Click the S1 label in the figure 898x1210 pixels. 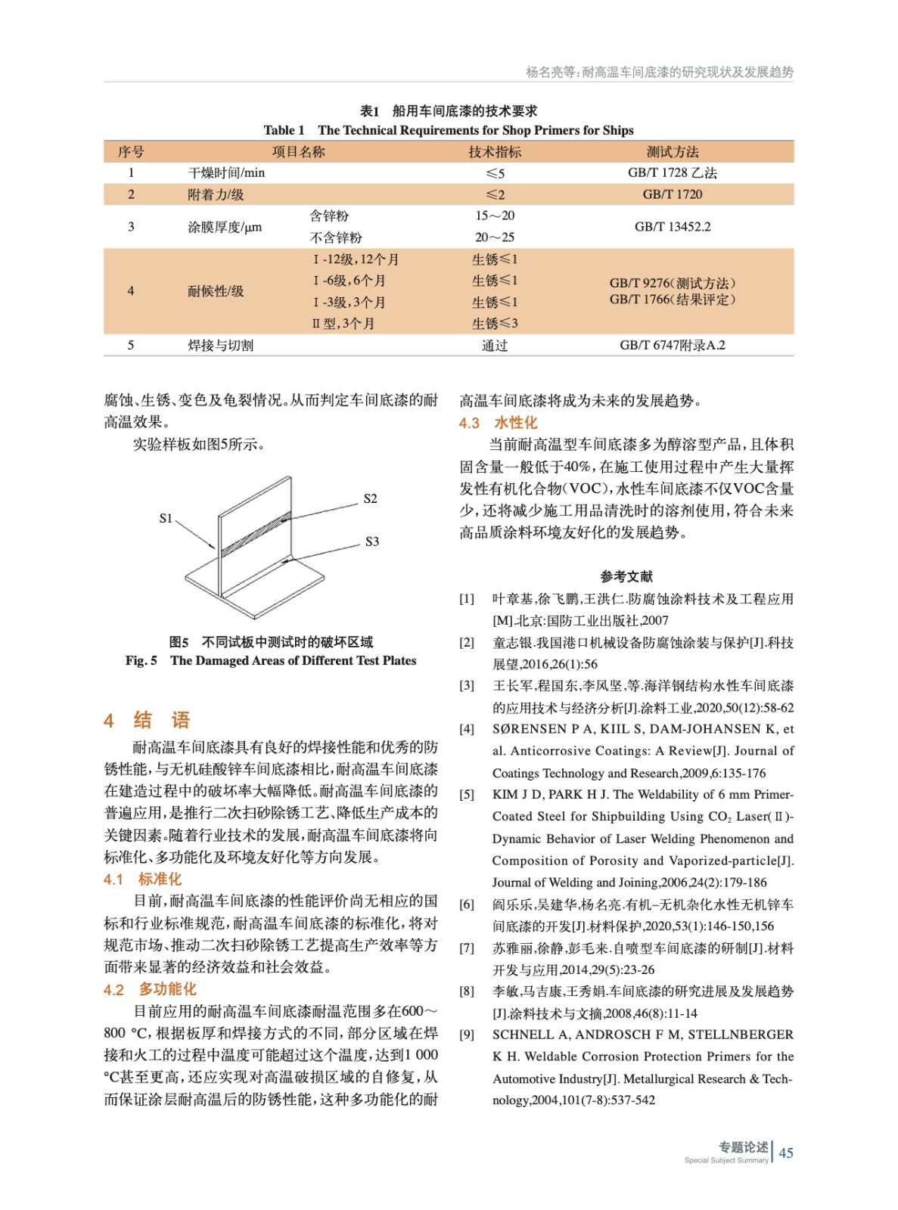pyautogui.click(x=166, y=518)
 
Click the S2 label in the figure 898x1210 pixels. pyautogui.click(x=370, y=498)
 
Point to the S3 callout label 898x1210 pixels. pyautogui.click(x=371, y=541)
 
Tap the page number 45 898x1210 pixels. pyautogui.click(x=786, y=1153)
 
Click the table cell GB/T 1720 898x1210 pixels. pyautogui.click(x=672, y=194)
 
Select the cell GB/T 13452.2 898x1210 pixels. pyautogui.click(x=672, y=226)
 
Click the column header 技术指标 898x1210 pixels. pyautogui.click(x=495, y=152)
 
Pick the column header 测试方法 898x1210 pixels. pyautogui.click(x=672, y=152)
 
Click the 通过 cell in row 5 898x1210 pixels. pyautogui.click(x=495, y=346)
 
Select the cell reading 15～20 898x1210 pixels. pyautogui.click(x=495, y=216)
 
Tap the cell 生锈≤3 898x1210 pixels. pyautogui.click(x=495, y=324)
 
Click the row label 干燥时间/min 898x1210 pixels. pyautogui.click(x=226, y=173)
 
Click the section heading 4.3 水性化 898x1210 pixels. pyautogui.click(x=498, y=423)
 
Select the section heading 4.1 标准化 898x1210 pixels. pyautogui.click(x=142, y=879)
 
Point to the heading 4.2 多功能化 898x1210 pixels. pyautogui.click(x=150, y=989)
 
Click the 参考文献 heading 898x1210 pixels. pyautogui.click(x=626, y=576)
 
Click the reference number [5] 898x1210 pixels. pyautogui.click(x=467, y=794)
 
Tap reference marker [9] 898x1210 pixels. pyautogui.click(x=467, y=1035)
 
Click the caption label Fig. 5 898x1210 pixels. pyautogui.click(x=141, y=660)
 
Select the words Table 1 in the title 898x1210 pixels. pyautogui.click(x=284, y=130)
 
